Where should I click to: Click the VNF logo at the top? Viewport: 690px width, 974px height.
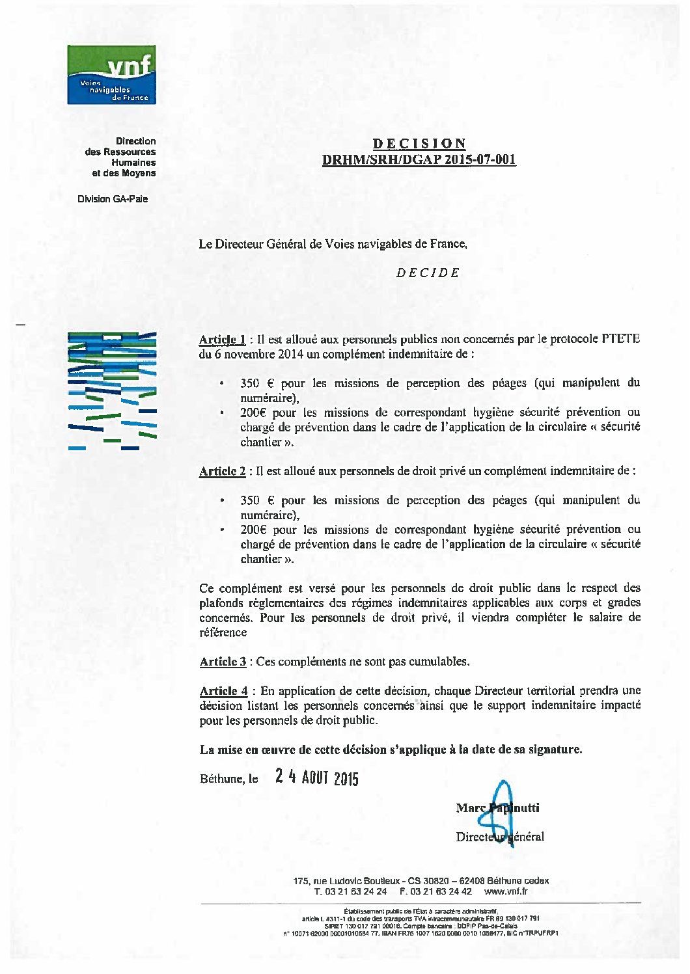[111, 74]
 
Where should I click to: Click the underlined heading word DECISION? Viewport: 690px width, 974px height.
[419, 144]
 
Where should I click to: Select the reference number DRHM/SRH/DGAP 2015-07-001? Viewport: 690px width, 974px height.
[419, 160]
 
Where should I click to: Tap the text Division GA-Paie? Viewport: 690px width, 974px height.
[113, 199]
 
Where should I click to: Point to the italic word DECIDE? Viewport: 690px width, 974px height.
[428, 273]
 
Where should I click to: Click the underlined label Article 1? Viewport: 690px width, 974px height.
[222, 340]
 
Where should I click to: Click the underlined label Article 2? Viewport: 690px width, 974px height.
[222, 471]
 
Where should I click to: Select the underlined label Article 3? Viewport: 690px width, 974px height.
[222, 662]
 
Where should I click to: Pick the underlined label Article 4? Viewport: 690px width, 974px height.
[223, 691]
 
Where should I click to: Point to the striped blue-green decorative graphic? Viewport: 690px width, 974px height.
[112, 390]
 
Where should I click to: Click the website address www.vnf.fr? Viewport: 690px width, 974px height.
[506, 891]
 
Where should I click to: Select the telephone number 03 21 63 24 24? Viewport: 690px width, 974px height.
[355, 891]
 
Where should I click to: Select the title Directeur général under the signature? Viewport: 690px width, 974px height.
[500, 837]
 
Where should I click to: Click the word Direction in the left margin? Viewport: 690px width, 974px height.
[136, 141]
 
